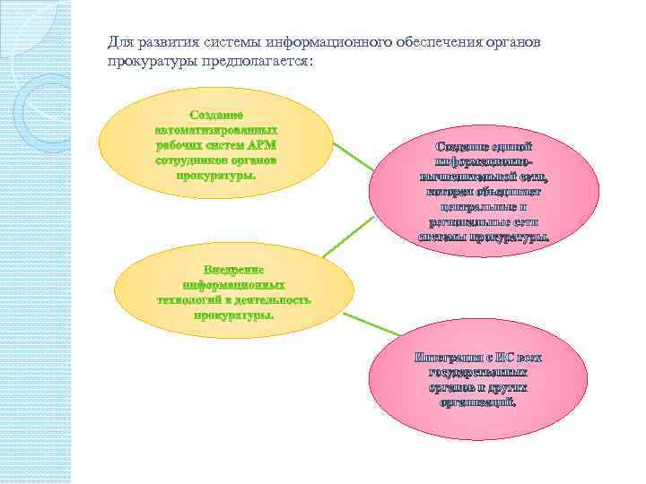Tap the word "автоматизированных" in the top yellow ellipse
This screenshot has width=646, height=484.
tap(215, 129)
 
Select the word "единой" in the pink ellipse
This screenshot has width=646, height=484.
tap(514, 145)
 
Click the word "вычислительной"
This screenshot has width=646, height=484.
tap(462, 177)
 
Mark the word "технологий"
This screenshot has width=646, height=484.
tap(190, 299)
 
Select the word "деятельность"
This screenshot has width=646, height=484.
tap(271, 299)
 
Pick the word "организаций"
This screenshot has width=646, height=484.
tap(478, 403)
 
